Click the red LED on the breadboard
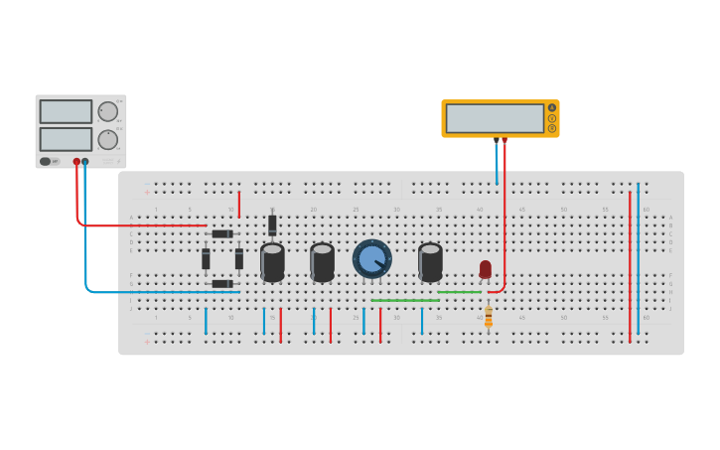[x=485, y=268]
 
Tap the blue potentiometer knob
[x=372, y=259]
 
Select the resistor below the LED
[x=488, y=317]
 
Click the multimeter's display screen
[x=495, y=118]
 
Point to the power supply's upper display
[x=66, y=111]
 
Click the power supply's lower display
[x=66, y=138]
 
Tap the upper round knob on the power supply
[x=107, y=111]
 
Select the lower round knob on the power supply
[x=107, y=139]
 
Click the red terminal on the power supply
[x=76, y=161]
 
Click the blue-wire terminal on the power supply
[x=85, y=161]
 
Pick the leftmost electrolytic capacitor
[x=272, y=262]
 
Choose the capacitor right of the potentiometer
[x=430, y=262]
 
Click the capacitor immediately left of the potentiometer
[x=322, y=262]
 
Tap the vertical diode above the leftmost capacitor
[x=272, y=225]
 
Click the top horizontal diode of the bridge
[x=221, y=234]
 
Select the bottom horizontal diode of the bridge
[x=221, y=284]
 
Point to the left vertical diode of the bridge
[x=206, y=259]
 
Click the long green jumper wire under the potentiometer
[x=404, y=300]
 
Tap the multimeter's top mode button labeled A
[x=552, y=107]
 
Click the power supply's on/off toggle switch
[x=46, y=161]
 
